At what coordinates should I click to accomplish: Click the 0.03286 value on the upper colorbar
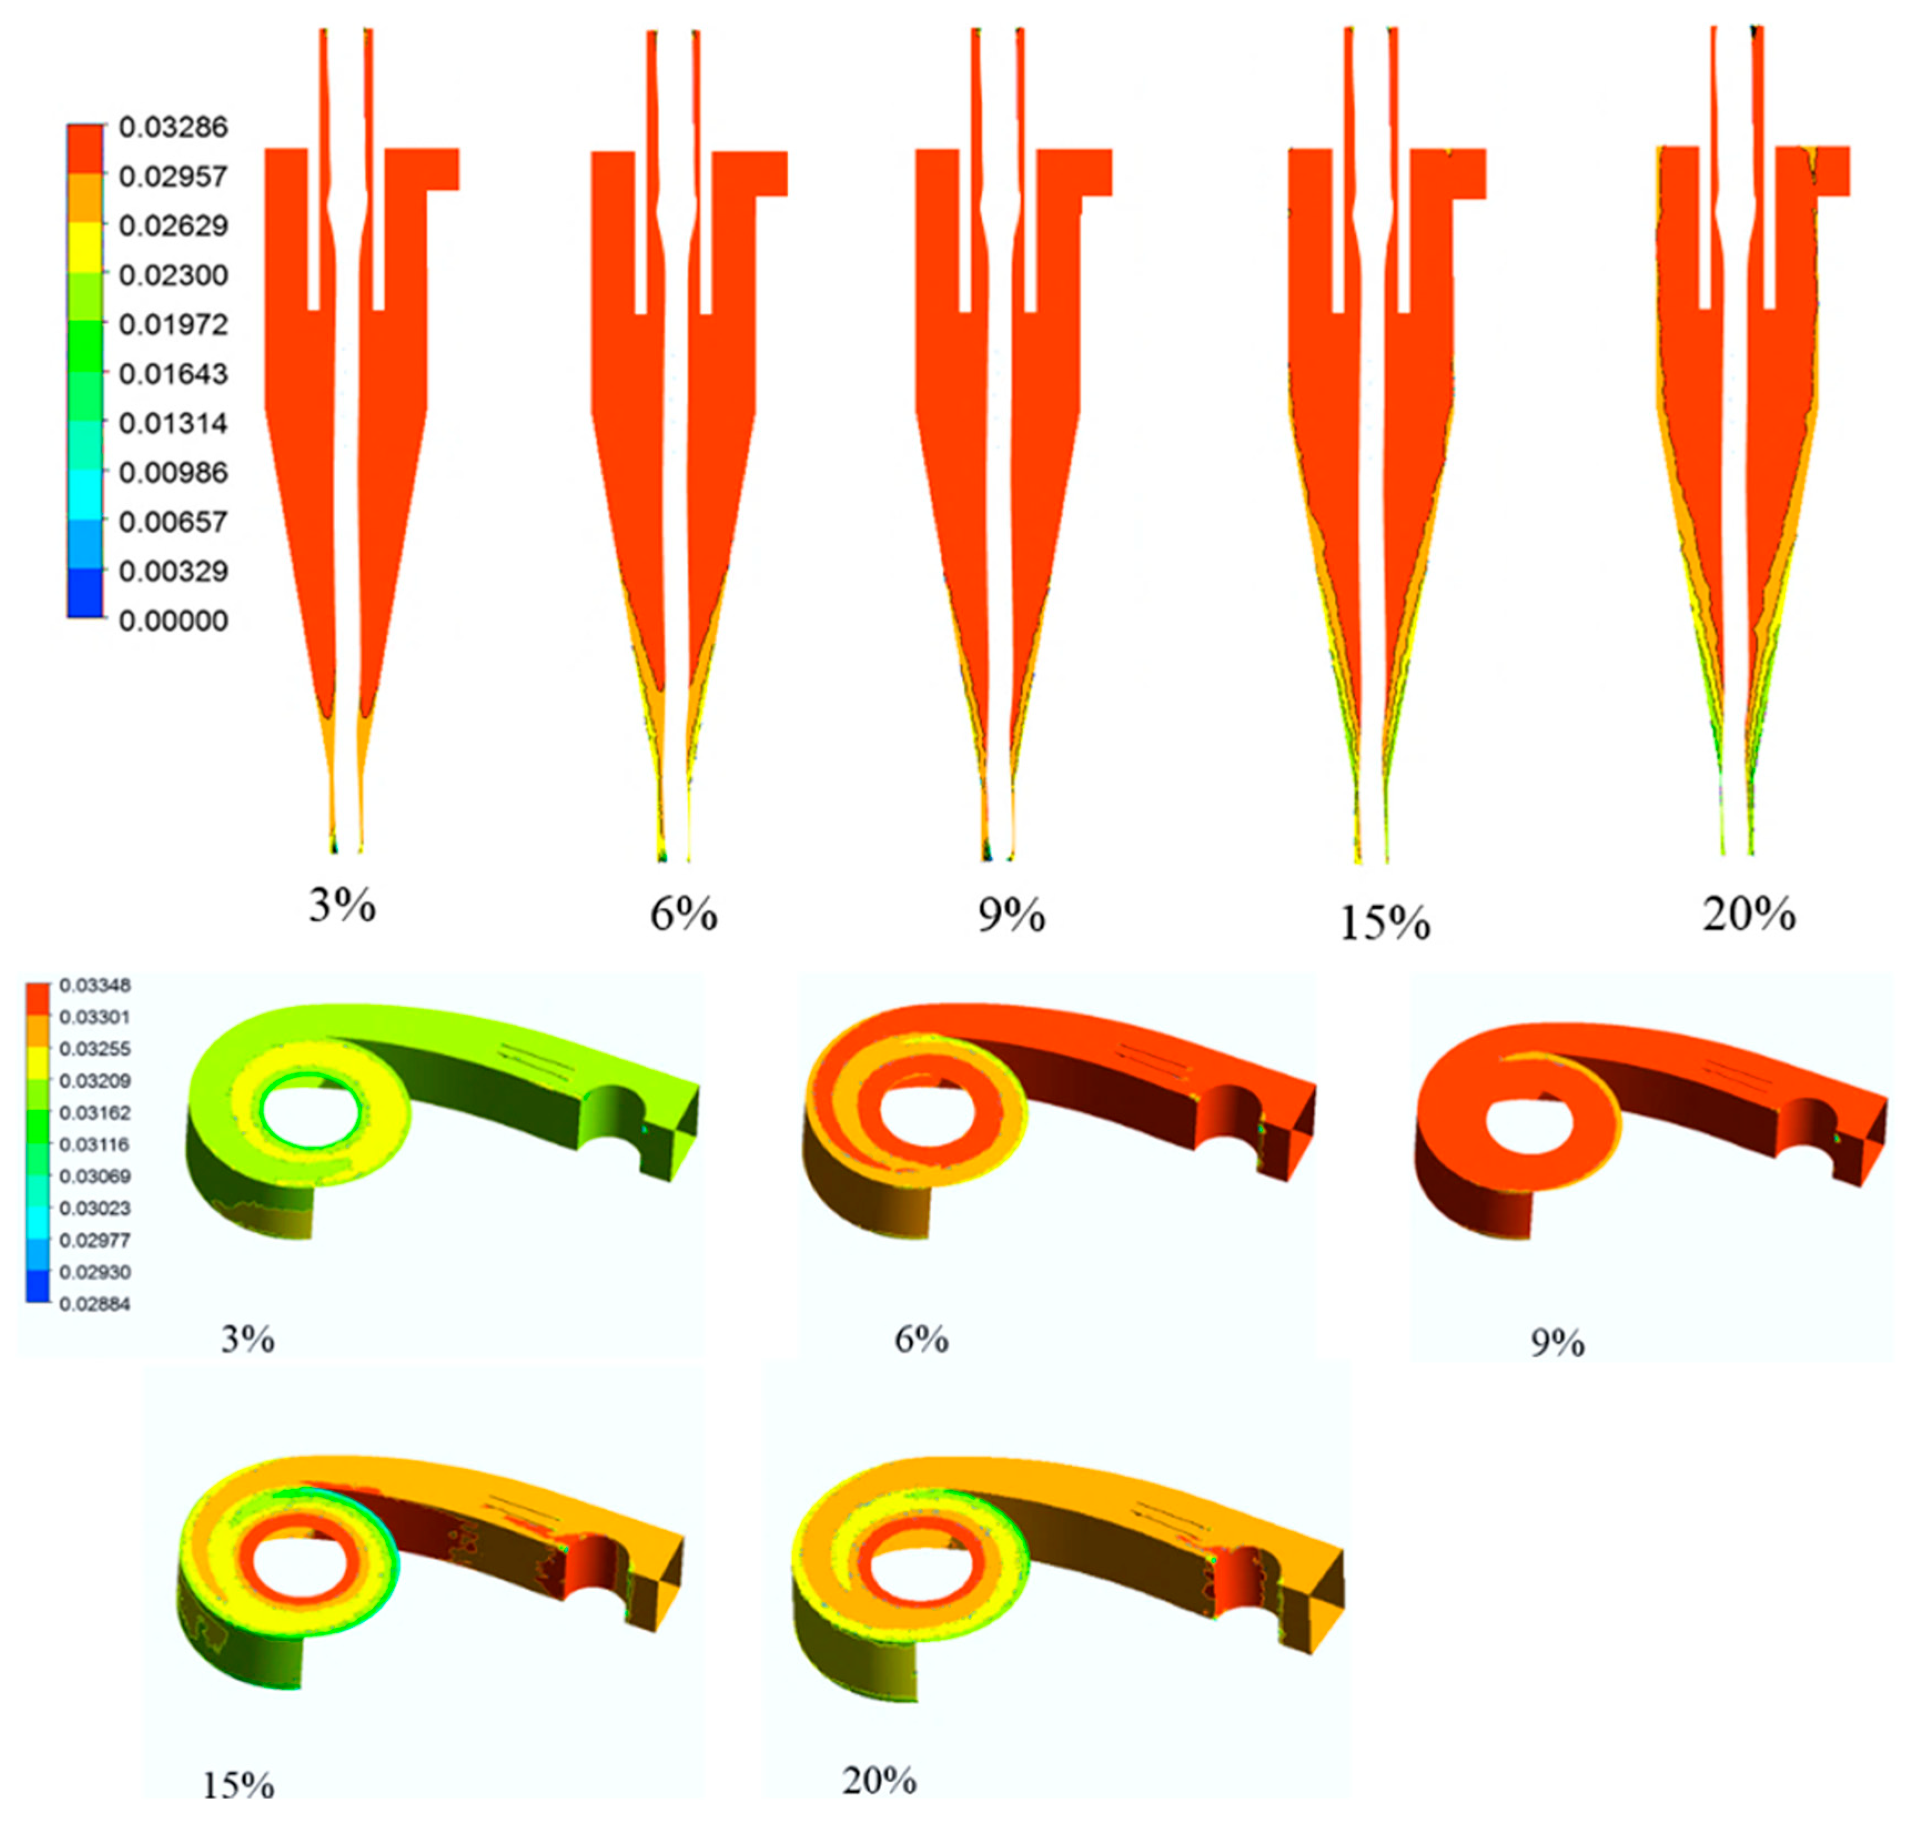(174, 126)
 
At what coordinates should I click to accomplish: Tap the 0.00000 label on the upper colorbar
(174, 621)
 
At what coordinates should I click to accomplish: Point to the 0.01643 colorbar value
(174, 373)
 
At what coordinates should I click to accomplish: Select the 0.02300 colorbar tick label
(174, 275)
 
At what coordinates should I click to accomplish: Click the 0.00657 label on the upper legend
(174, 521)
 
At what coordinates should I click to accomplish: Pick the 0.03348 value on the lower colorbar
(94, 986)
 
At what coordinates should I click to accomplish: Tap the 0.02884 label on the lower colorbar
(94, 1304)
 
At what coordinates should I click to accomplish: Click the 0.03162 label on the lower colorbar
(94, 1113)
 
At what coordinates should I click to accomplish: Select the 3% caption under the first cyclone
(342, 906)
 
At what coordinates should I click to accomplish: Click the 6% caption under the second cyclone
(684, 915)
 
